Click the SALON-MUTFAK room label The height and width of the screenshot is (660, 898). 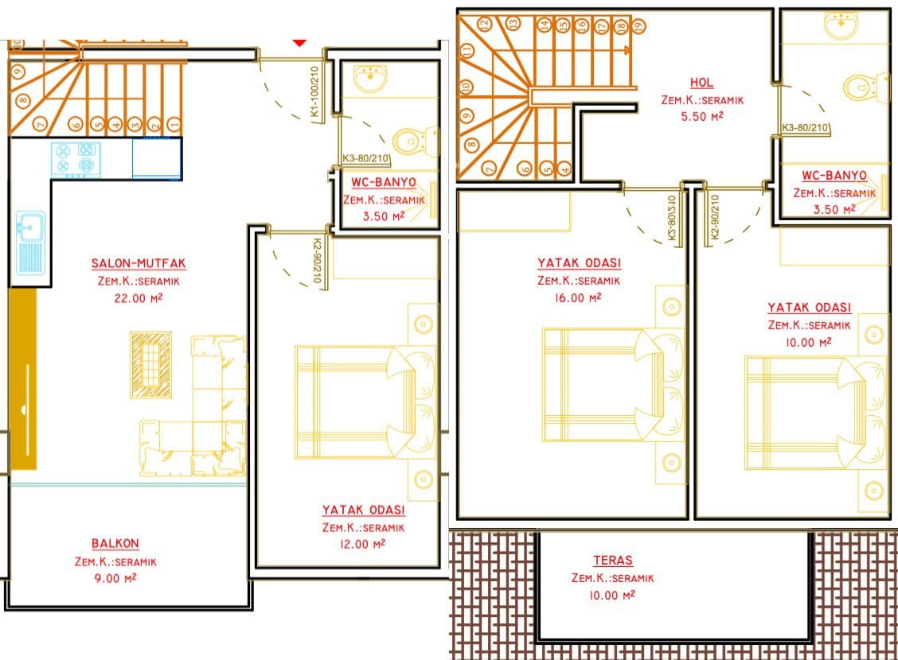click(139, 264)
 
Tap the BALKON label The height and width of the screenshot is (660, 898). click(115, 543)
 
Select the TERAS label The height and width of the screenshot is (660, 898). click(613, 561)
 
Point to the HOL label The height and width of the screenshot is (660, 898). click(701, 83)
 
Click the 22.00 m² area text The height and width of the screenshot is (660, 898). click(139, 298)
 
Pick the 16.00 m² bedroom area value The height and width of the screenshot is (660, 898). click(578, 298)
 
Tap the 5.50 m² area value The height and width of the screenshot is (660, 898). click(702, 116)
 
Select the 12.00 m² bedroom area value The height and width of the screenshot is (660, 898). click(362, 544)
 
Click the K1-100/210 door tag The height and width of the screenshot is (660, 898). click(314, 92)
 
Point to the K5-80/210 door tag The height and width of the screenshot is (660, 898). click(672, 219)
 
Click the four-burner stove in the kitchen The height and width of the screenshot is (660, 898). click(76, 159)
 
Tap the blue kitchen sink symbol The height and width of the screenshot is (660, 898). click(29, 242)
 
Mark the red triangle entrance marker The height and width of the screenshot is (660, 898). click(299, 42)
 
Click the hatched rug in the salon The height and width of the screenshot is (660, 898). click(150, 364)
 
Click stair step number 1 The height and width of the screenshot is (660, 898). click(174, 123)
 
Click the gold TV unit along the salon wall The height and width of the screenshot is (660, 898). click(23, 379)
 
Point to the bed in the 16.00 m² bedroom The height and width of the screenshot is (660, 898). click(611, 384)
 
